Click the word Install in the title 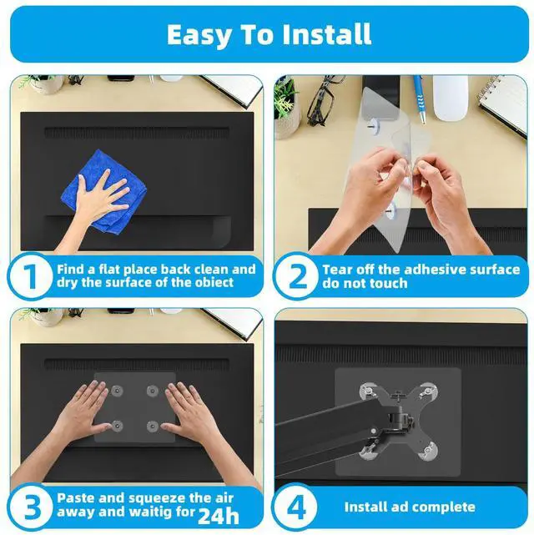[327, 34]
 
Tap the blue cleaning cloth [103, 192]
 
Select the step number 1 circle [30, 276]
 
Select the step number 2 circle [296, 276]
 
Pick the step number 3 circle [30, 507]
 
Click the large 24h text [219, 516]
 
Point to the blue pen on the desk [420, 99]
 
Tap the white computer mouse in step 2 [451, 98]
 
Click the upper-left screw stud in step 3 [118, 391]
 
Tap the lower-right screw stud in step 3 [153, 426]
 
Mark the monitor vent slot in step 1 [137, 132]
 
